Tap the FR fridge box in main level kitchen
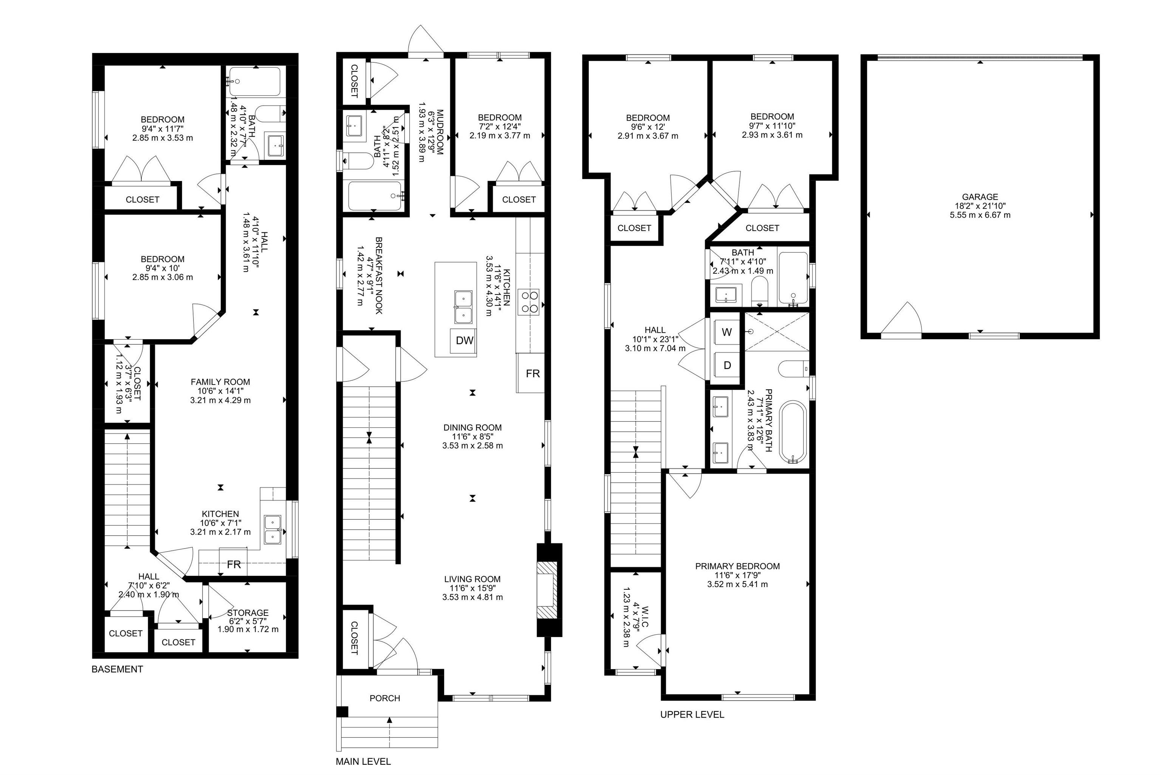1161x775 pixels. pos(532,374)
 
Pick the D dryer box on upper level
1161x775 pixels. pos(727,366)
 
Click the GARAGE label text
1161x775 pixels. pos(980,197)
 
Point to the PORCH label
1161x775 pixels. pos(384,698)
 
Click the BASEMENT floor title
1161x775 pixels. pos(117,669)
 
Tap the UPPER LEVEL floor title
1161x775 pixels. pos(692,715)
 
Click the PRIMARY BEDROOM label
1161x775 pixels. pos(737,566)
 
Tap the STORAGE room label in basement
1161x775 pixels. pos(248,613)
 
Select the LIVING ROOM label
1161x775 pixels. pos(472,579)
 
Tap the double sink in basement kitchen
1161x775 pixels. pos(273,530)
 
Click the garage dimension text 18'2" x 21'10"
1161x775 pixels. pos(980,206)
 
